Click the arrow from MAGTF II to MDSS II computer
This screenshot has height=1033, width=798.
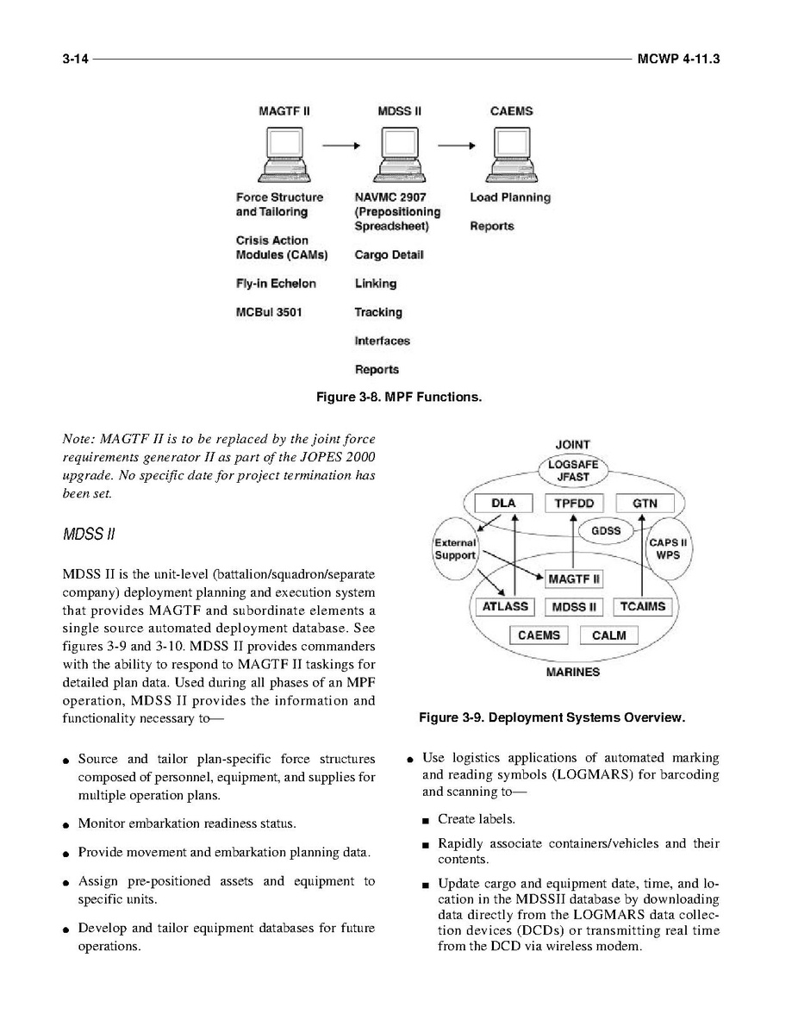coord(340,146)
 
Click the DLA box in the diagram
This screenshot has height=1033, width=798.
coord(502,504)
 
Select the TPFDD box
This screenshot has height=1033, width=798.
coord(573,504)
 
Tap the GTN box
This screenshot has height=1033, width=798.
coord(645,504)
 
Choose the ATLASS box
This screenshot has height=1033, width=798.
coord(505,607)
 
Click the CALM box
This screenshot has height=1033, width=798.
coord(609,635)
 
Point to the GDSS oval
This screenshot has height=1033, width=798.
coord(607,530)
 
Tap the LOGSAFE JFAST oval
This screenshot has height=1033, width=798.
coord(573,468)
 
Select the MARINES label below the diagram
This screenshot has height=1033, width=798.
coord(573,672)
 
